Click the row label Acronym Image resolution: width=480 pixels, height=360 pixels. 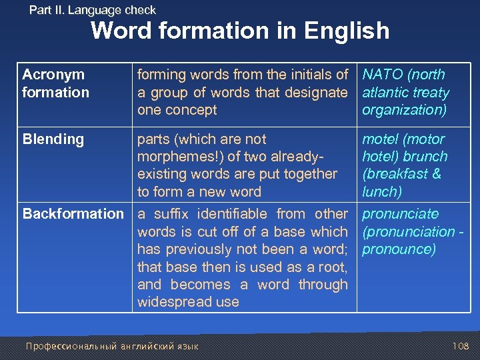click(x=53, y=75)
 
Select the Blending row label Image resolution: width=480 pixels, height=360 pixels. click(x=53, y=139)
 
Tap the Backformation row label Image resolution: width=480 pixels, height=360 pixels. click(x=73, y=214)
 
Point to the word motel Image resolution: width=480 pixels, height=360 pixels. click(x=379, y=139)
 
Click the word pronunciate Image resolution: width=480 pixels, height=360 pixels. click(x=400, y=214)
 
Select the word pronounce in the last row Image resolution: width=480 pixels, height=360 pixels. click(x=397, y=249)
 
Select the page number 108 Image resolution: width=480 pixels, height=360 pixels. click(x=460, y=346)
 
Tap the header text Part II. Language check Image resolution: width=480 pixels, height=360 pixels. click(x=93, y=10)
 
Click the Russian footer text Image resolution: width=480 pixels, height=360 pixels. click(x=111, y=346)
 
